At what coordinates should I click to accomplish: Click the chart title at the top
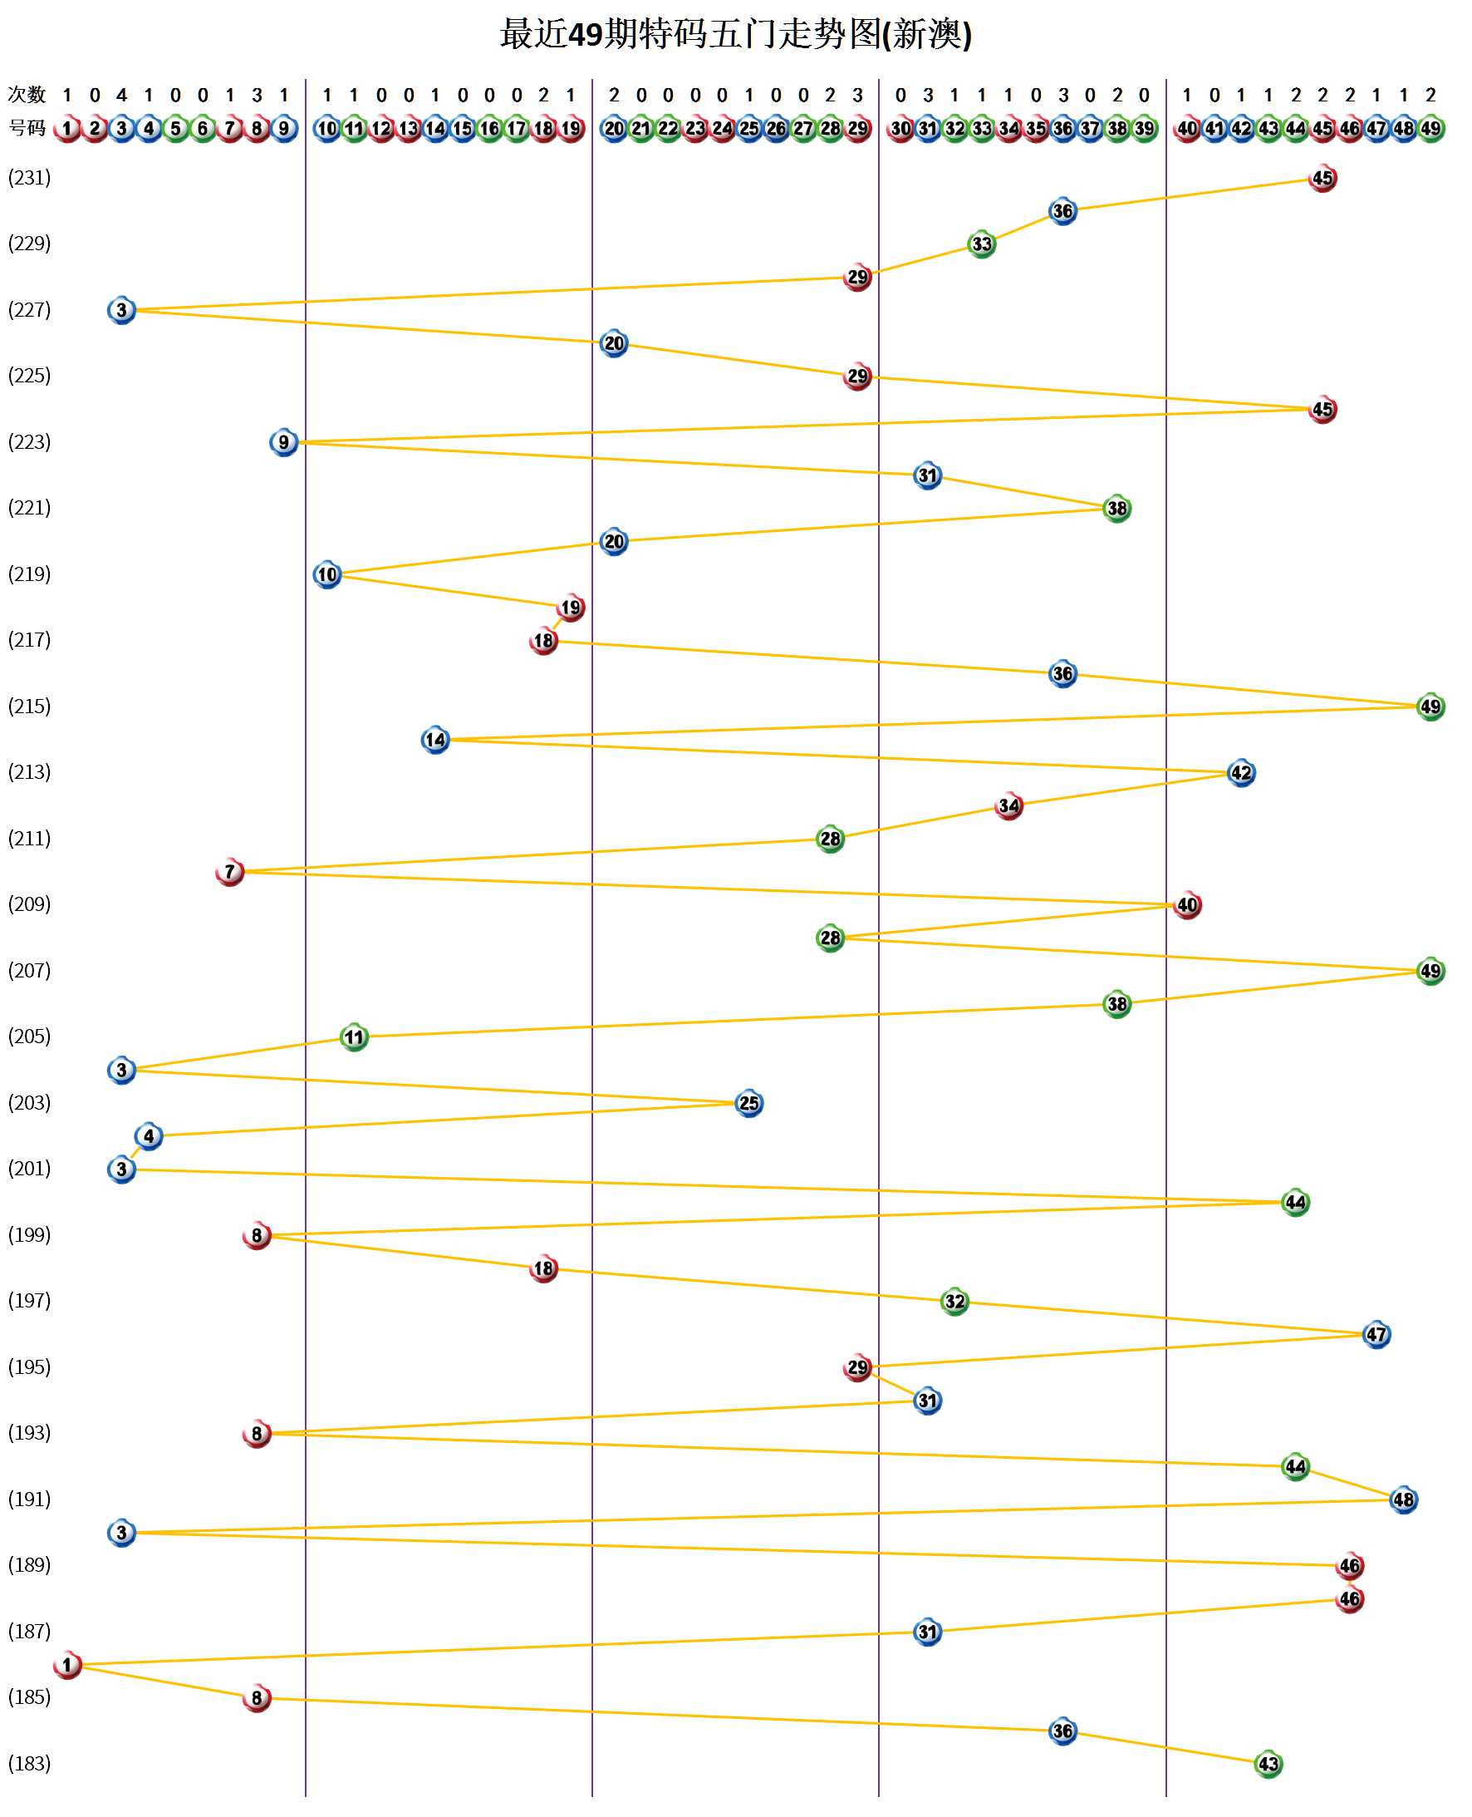(x=735, y=35)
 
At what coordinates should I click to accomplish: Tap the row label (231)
(x=30, y=177)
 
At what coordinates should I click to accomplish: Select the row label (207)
(x=30, y=969)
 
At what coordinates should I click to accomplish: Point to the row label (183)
(x=30, y=1763)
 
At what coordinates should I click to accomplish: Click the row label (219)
(x=30, y=574)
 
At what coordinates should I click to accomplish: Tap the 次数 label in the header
(x=27, y=94)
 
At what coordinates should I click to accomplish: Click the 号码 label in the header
(x=27, y=128)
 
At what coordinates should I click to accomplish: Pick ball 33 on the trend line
(x=981, y=244)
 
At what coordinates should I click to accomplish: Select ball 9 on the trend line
(x=284, y=442)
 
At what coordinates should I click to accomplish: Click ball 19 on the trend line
(x=571, y=608)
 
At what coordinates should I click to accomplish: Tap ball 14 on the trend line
(x=435, y=740)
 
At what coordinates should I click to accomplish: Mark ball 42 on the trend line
(x=1240, y=773)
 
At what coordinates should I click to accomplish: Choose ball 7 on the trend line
(x=230, y=871)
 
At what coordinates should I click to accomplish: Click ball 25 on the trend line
(x=748, y=1103)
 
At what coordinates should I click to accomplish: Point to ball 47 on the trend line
(x=1376, y=1334)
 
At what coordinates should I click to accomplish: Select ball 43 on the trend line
(x=1268, y=1764)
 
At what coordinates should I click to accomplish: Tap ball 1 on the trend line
(x=67, y=1664)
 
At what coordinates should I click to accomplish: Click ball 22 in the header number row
(x=668, y=129)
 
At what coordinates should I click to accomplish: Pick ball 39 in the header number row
(x=1144, y=129)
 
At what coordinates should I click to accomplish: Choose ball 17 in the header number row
(x=517, y=129)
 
